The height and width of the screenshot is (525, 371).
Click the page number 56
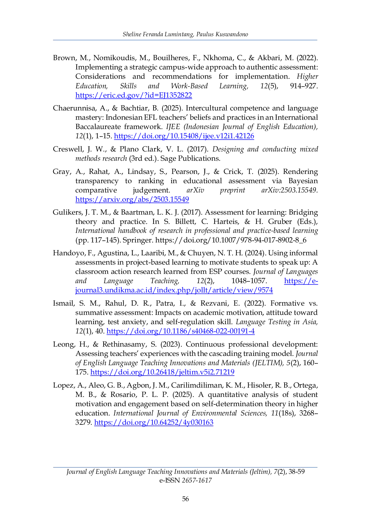185,499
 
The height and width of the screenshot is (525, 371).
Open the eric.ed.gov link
133,95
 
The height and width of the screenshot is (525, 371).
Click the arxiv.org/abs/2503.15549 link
132,199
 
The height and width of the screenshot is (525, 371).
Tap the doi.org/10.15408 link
184,136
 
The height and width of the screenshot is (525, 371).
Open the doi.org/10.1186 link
180,331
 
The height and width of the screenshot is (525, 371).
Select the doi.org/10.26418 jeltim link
162,372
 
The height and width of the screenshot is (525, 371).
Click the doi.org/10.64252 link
154,422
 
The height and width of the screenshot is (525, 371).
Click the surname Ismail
63,303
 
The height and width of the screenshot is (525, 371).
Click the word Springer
138,240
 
